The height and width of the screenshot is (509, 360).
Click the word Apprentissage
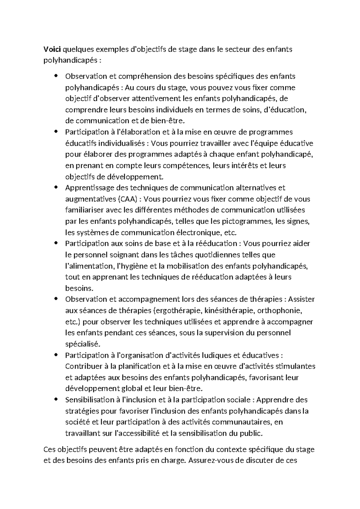[x=87, y=188]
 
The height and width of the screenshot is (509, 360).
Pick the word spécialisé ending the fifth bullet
[x=80, y=344]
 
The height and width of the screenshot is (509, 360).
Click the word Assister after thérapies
[x=301, y=300]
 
